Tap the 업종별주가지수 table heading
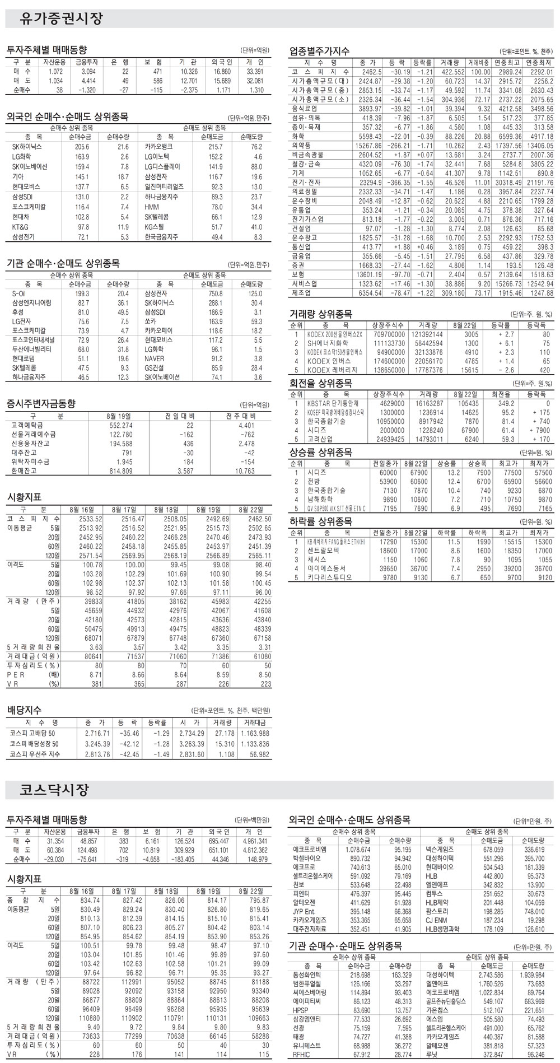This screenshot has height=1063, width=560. click(319, 51)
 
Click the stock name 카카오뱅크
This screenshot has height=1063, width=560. click(157, 146)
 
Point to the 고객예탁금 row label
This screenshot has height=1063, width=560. click(26, 425)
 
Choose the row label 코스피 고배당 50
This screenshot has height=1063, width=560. click(32, 733)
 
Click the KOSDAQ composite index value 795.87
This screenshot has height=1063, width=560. click(259, 900)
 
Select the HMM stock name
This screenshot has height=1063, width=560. click(151, 207)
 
